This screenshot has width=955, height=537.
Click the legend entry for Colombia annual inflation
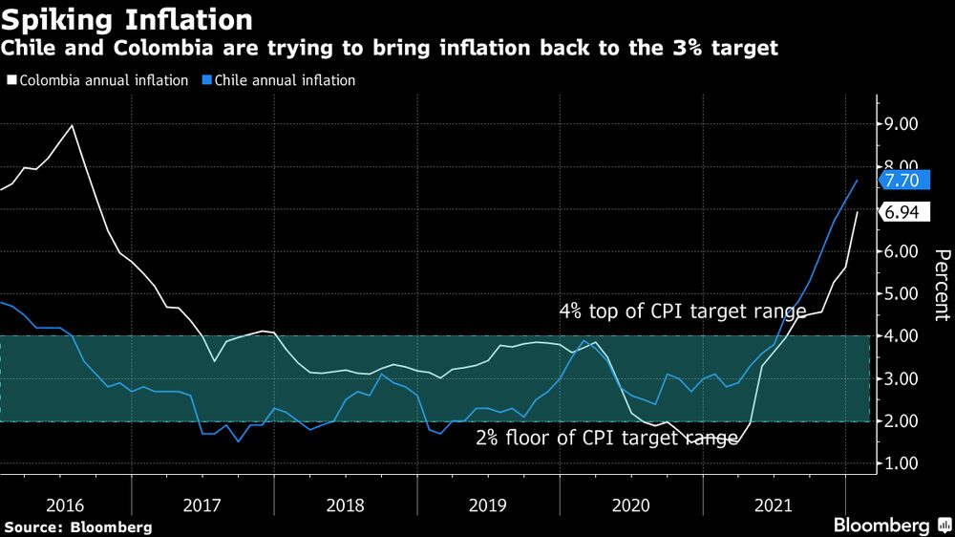pos(97,80)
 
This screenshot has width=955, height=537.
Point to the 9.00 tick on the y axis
pos(902,124)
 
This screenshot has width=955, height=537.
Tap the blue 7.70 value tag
pos(902,180)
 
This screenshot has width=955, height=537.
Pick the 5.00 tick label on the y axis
pos(902,293)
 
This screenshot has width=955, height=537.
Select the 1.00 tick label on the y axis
pos(902,463)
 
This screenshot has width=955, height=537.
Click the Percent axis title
pos(942,285)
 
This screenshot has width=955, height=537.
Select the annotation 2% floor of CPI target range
pos(607,439)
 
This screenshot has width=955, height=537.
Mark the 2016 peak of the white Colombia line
pos(73,125)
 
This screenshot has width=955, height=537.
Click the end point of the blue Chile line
pos(857,181)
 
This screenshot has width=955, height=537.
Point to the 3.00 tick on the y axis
pos(902,378)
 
